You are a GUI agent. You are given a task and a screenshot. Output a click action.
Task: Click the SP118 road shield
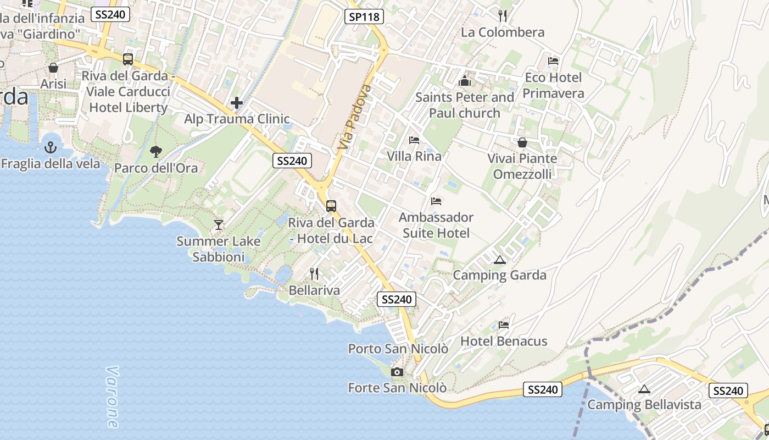(364, 16)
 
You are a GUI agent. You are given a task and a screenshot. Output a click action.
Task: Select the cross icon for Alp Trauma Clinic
(237, 103)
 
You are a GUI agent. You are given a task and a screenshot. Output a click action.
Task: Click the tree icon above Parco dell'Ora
(156, 151)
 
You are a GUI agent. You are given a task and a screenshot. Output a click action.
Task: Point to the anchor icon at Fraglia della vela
(51, 147)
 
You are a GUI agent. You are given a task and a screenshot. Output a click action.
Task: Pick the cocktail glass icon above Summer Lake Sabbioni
(219, 224)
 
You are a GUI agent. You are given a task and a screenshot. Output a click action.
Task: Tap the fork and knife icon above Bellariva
(314, 273)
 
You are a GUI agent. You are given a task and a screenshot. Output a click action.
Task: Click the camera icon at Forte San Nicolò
(397, 372)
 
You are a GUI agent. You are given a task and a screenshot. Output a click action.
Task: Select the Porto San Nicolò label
(398, 349)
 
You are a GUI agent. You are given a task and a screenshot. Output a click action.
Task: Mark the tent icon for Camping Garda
(499, 260)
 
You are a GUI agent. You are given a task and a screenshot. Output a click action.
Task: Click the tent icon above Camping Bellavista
(644, 389)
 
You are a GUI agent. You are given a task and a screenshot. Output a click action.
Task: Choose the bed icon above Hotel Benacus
(504, 324)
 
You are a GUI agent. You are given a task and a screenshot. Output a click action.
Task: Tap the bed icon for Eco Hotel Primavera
(553, 61)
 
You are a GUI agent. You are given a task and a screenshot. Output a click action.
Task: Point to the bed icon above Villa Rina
(414, 140)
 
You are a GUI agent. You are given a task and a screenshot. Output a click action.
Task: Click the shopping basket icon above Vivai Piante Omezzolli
(522, 142)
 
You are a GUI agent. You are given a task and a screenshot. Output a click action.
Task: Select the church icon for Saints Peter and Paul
(465, 81)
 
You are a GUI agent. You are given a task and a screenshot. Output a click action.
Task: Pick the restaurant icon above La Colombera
(502, 15)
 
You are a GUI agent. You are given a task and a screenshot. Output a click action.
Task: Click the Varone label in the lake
(113, 397)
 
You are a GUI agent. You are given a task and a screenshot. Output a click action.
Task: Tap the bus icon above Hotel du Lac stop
(331, 206)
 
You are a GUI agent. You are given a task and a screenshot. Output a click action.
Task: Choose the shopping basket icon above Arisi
(53, 68)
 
